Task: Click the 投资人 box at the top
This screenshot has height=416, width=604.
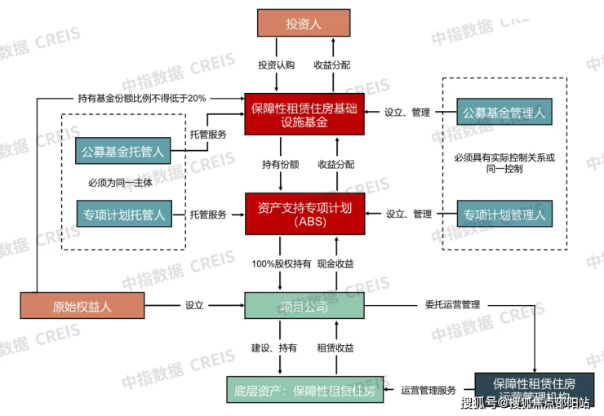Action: (304, 24)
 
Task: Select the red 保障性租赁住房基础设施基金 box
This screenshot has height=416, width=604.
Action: (304, 113)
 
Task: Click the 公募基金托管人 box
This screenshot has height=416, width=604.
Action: (124, 151)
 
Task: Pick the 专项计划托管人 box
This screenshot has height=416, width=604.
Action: (124, 215)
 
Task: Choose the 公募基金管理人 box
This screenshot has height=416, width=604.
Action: (503, 113)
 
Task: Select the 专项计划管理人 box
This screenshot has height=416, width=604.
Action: (503, 215)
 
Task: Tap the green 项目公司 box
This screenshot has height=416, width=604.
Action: (304, 307)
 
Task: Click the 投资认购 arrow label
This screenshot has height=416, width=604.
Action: (276, 64)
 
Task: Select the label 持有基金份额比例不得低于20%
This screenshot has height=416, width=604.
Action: (142, 97)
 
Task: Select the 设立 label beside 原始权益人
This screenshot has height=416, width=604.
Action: (194, 306)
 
